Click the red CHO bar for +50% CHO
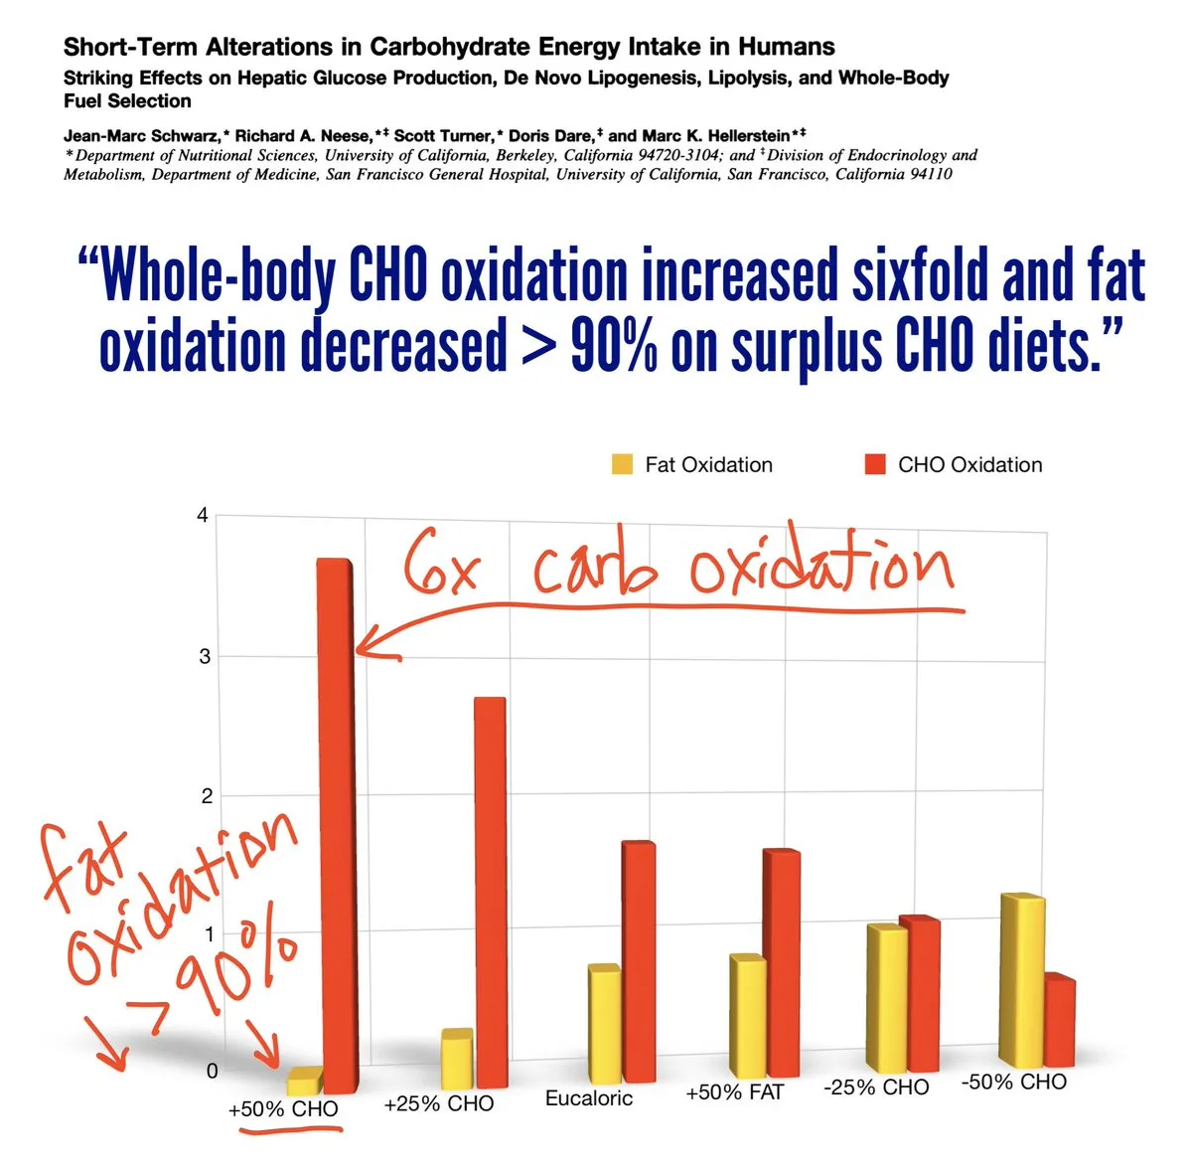click(x=335, y=825)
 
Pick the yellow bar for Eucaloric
click(x=603, y=1024)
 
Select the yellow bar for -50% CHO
click(x=1021, y=979)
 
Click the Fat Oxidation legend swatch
click(x=623, y=464)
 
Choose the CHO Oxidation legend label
click(x=969, y=464)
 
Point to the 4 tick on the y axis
click(x=203, y=515)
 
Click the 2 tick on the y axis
click(x=207, y=795)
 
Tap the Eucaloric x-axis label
click(x=588, y=1098)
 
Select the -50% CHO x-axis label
click(x=1013, y=1082)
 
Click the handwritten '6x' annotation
click(x=442, y=569)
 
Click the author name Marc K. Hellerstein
click(x=715, y=136)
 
